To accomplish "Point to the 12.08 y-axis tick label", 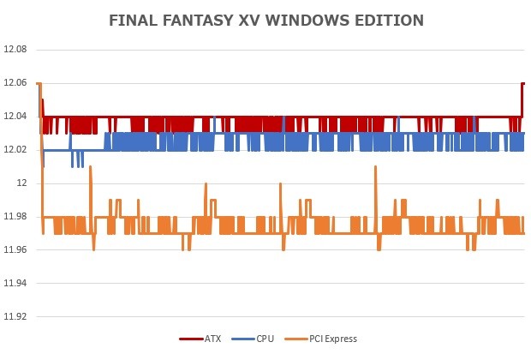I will point(16,50).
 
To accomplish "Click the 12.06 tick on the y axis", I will point(16,83).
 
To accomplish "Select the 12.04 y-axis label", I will point(16,117).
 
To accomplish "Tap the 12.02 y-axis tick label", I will point(16,150).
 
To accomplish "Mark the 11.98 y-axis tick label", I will point(16,216).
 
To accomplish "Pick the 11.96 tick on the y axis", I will point(16,249).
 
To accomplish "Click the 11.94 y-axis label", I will point(16,283).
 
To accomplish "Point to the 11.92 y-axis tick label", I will point(16,316).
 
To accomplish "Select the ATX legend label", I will point(212,339).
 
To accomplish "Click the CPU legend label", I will point(265,339).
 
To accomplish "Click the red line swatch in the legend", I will point(189,339).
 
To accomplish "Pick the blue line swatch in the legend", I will point(242,339).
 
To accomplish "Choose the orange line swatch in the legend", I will point(295,339).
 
